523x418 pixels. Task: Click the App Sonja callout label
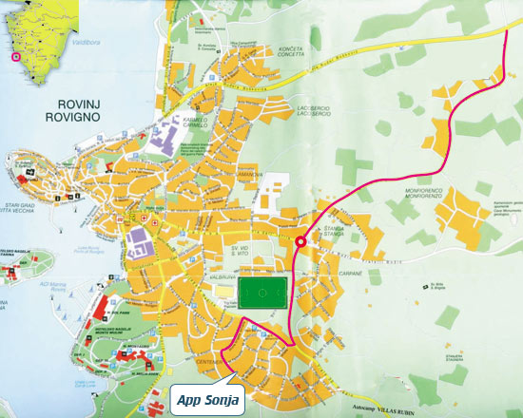tap(208, 400)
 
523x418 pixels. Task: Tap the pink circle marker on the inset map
tap(14, 57)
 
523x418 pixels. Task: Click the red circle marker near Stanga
tap(301, 242)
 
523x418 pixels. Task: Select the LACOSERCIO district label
tap(318, 112)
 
